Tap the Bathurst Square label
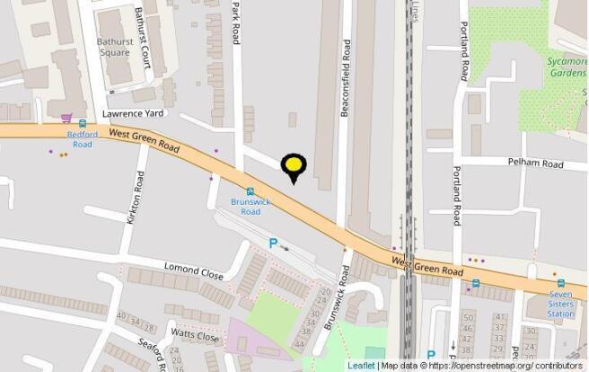(114, 47)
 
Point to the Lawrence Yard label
(132, 114)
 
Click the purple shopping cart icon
(66, 118)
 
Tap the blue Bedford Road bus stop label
(82, 138)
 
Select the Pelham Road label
(536, 164)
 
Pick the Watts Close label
(195, 336)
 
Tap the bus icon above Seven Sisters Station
(561, 282)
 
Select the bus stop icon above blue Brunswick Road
(250, 190)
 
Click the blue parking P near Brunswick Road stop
(273, 243)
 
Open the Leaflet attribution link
(361, 366)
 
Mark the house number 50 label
(467, 317)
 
